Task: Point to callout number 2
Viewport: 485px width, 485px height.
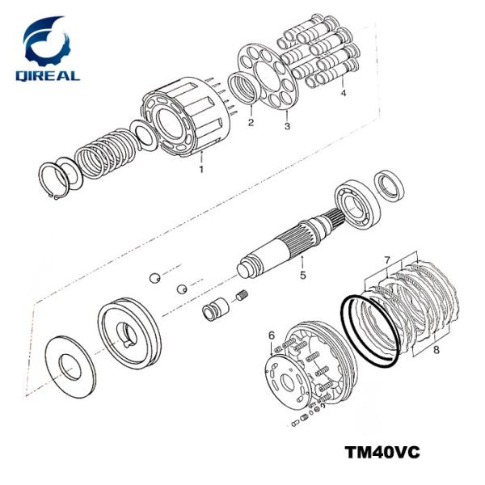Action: (x=251, y=123)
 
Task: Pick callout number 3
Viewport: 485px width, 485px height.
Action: (x=286, y=126)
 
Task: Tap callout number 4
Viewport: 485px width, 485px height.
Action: (x=343, y=92)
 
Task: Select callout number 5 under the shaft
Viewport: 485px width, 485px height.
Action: (x=302, y=275)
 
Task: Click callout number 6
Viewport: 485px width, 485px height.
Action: (x=272, y=335)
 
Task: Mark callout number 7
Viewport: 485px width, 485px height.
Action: (x=387, y=259)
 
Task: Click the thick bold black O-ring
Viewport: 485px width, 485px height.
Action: (x=368, y=331)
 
